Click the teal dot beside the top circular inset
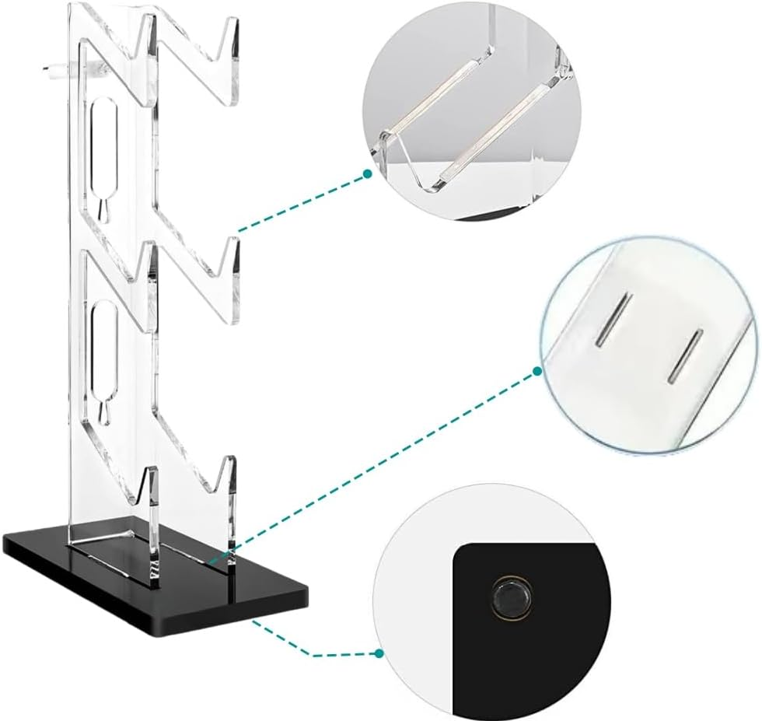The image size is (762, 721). tap(367, 176)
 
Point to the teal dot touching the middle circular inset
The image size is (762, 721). tap(537, 372)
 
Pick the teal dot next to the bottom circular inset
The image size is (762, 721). tap(379, 654)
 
